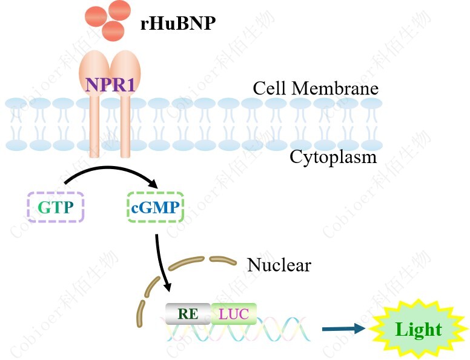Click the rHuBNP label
(x=177, y=24)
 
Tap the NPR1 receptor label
(x=110, y=84)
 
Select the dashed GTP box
(x=56, y=207)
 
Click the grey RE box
(x=188, y=313)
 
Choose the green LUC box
(x=233, y=313)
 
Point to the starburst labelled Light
(x=419, y=329)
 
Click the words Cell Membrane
(x=316, y=88)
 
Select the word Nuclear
(x=279, y=265)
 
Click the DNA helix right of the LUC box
(x=285, y=330)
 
